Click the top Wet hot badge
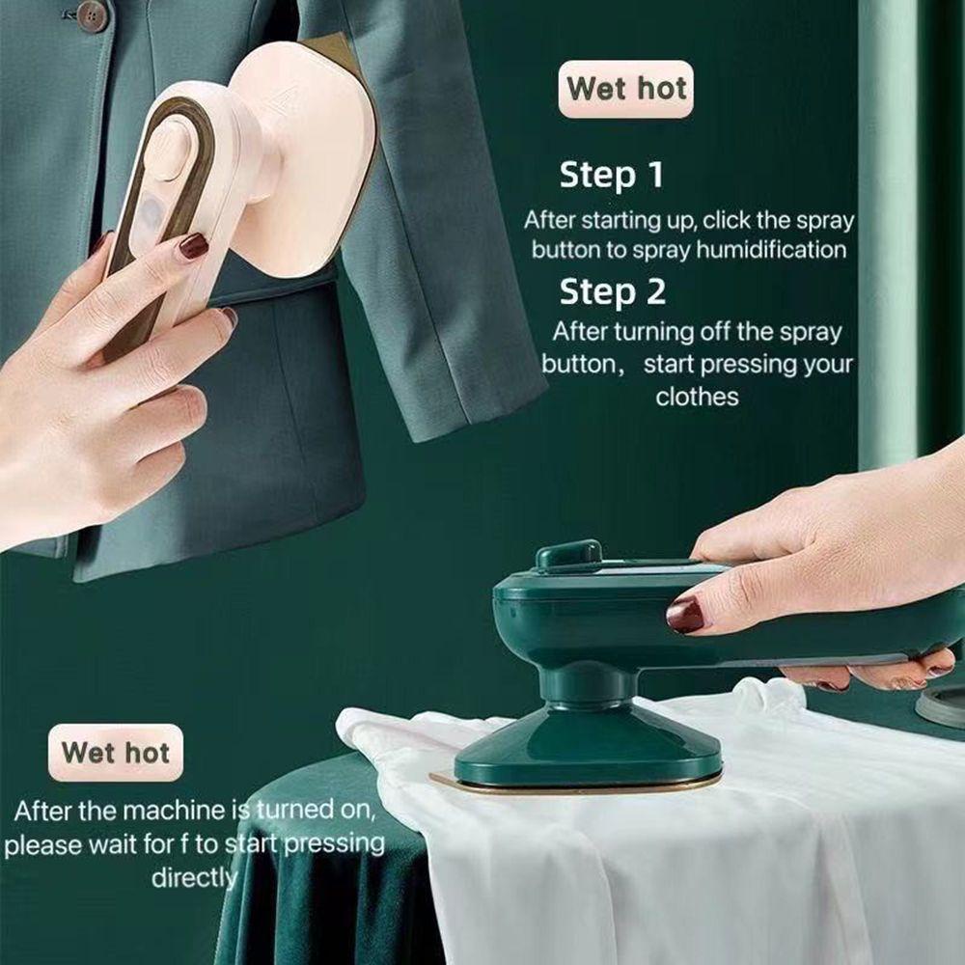[x=625, y=89]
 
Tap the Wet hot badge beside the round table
[x=115, y=752]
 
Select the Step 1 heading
[x=611, y=176]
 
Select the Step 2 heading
[x=611, y=291]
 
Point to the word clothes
[x=697, y=397]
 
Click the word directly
[x=193, y=877]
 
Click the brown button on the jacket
[x=92, y=14]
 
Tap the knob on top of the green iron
[x=567, y=555]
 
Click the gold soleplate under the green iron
[x=579, y=784]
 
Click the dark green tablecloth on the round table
[x=309, y=868]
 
